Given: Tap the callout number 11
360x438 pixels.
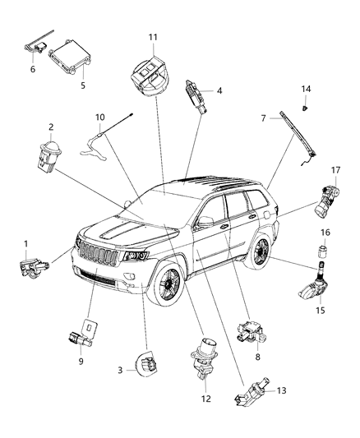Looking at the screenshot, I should point(152,37).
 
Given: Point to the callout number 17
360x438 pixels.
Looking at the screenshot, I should point(335,193).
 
